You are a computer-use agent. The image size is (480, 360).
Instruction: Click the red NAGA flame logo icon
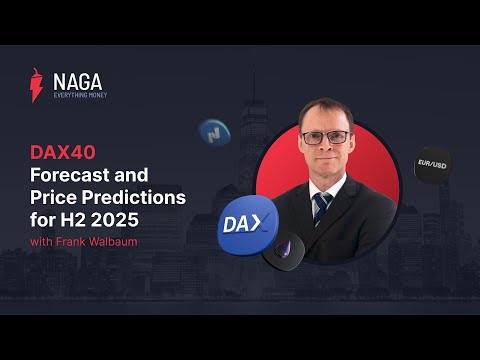point(38,86)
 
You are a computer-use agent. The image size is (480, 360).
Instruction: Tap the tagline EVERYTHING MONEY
point(79,96)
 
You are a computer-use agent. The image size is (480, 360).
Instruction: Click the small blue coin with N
point(214,132)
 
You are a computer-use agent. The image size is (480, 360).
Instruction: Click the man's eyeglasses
point(326,137)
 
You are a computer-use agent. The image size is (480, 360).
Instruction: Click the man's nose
point(327,147)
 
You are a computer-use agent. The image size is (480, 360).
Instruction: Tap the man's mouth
point(326,161)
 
